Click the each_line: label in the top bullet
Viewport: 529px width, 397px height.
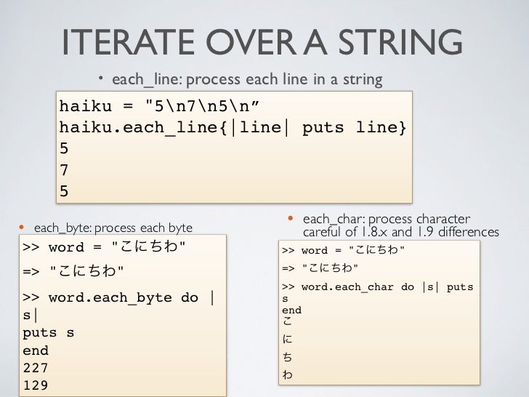[143, 79]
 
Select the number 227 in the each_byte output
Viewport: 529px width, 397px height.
[36, 368]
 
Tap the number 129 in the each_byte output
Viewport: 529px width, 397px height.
[36, 385]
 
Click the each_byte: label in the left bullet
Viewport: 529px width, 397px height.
[61, 228]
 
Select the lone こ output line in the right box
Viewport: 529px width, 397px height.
[286, 322]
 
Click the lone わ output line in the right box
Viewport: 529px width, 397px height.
[286, 375]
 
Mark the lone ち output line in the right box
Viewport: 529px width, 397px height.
[286, 357]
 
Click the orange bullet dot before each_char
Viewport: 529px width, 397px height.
[289, 218]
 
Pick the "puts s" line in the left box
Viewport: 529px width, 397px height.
[49, 333]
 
